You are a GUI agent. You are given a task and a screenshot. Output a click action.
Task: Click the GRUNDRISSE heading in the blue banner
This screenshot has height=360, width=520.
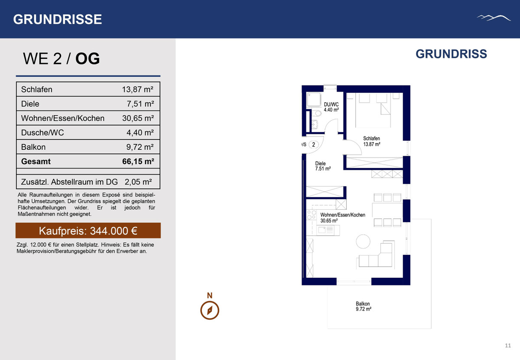tap(58, 19)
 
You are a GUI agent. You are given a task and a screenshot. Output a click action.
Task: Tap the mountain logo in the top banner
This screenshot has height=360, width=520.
tap(494, 18)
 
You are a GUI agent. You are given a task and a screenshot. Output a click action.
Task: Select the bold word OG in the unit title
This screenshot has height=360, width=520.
tap(88, 58)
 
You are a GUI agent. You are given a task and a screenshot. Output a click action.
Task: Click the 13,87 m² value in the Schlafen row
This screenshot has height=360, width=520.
tap(138, 89)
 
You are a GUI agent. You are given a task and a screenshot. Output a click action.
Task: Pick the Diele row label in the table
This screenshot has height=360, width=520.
tap(30, 104)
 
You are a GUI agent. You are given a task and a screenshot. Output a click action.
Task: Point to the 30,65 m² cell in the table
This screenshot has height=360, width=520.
tap(138, 118)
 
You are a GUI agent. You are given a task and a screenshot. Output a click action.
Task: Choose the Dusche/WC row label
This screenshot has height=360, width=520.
tap(42, 133)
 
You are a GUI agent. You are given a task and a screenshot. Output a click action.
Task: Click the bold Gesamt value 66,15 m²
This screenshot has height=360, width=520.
tap(138, 161)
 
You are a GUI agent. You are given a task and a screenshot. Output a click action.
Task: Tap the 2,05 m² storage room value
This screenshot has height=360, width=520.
tap(138, 182)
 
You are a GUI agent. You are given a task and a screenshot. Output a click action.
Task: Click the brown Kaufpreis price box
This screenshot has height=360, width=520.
tap(88, 230)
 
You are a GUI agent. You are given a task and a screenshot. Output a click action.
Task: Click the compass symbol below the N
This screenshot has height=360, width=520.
tap(210, 310)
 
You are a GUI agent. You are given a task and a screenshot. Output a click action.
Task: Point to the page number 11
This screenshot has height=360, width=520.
tap(508, 346)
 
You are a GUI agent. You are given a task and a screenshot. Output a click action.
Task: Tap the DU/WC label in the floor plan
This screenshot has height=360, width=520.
tap(331, 104)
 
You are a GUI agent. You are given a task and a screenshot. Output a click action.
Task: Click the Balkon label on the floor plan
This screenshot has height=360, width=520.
tap(363, 304)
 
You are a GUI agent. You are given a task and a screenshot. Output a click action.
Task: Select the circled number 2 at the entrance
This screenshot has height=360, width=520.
tap(314, 145)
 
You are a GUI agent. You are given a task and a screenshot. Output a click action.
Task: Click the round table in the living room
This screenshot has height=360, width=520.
tap(363, 241)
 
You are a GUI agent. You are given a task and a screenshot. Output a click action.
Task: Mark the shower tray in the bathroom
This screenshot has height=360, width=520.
tap(314, 100)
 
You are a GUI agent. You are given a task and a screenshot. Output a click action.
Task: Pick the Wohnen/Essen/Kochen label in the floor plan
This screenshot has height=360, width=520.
tap(343, 215)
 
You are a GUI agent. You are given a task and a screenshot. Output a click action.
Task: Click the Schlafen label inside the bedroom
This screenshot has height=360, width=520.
tap(371, 138)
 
